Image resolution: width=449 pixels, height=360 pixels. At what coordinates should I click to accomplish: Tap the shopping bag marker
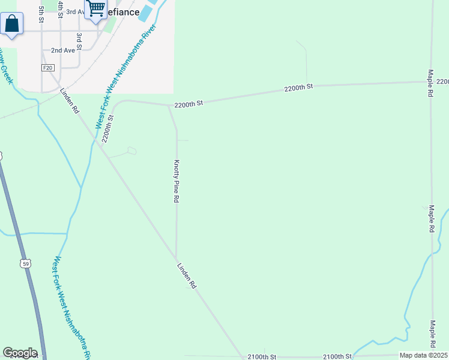click(11, 25)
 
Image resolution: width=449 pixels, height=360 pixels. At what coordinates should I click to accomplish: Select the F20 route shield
click(47, 68)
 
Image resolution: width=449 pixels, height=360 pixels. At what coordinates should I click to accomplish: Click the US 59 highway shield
click(25, 263)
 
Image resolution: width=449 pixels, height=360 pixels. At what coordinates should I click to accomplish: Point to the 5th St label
click(41, 14)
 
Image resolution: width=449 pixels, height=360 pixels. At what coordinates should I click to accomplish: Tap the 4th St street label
click(61, 9)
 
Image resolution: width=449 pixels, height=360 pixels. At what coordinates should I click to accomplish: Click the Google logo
click(20, 353)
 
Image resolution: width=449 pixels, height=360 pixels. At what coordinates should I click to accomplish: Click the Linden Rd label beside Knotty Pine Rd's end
click(187, 276)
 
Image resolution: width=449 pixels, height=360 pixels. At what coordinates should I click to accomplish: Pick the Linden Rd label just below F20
click(69, 102)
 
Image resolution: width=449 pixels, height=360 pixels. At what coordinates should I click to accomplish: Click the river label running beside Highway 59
click(71, 306)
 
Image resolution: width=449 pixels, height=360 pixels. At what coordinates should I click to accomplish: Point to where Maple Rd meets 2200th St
click(430, 82)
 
